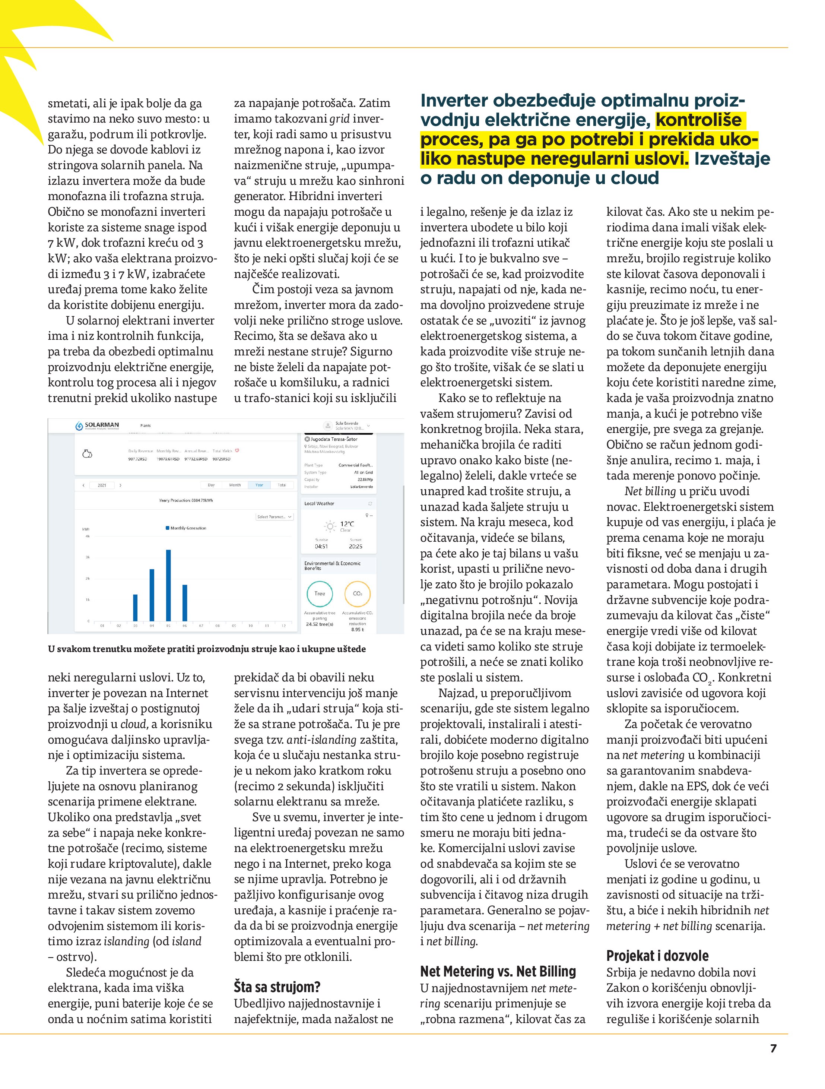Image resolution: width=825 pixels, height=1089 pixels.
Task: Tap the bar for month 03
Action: pyautogui.click(x=135, y=608)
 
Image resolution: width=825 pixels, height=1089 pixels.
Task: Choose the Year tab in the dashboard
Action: pyautogui.click(x=259, y=485)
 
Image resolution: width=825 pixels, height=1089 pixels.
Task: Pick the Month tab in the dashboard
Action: pyautogui.click(x=235, y=485)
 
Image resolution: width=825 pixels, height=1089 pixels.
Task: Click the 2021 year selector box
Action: pyautogui.click(x=102, y=485)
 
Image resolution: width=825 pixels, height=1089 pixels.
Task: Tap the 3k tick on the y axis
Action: pyautogui.click(x=88, y=557)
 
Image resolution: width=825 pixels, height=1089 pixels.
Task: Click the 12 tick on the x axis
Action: pyautogui.click(x=283, y=626)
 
